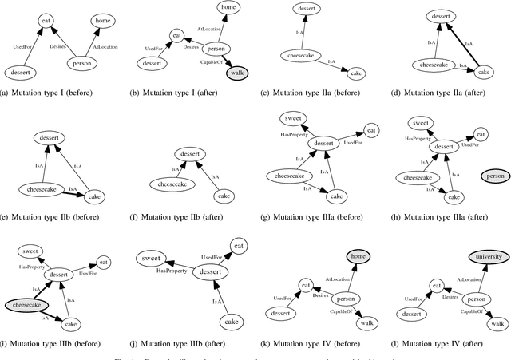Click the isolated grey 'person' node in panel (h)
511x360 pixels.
[x=493, y=175]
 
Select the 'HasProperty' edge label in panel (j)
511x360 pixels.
[x=172, y=271]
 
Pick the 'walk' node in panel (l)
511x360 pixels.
[x=497, y=323]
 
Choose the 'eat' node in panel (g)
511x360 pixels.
[x=371, y=129]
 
